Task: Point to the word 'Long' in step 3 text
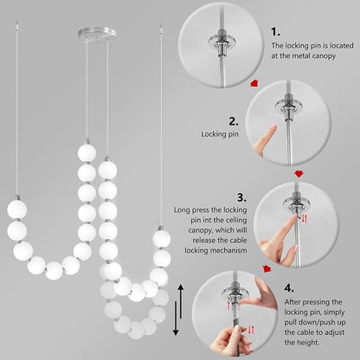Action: coord(182,209)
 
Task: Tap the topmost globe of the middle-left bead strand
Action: coord(86,152)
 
